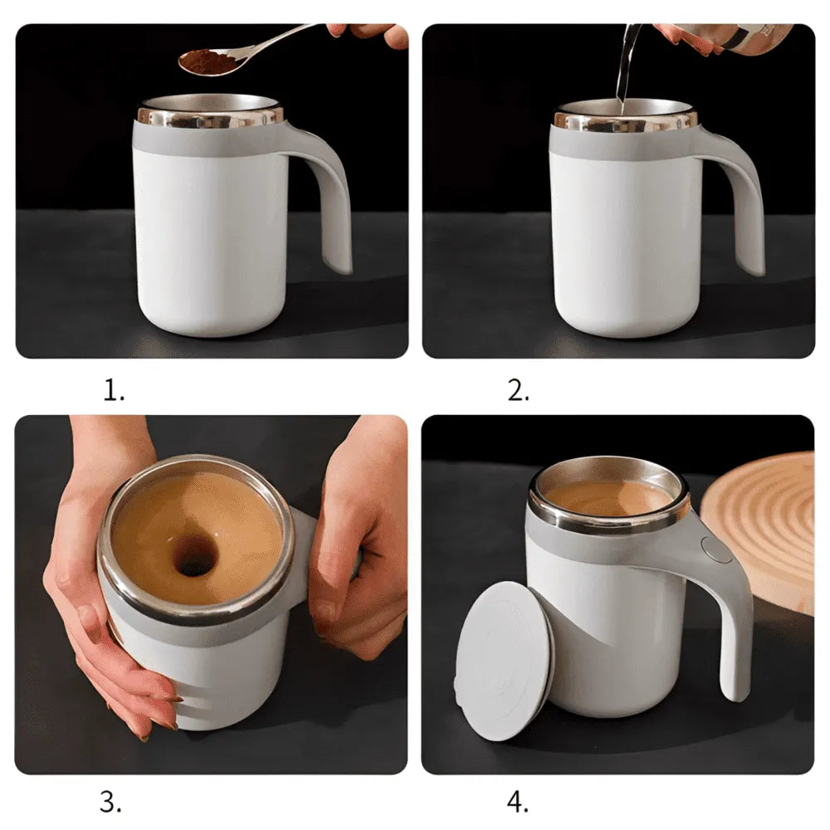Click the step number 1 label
coord(114,391)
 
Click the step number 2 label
coord(518,391)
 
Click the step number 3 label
coord(111,802)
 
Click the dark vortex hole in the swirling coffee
coord(194,554)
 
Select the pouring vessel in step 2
coord(730,37)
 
